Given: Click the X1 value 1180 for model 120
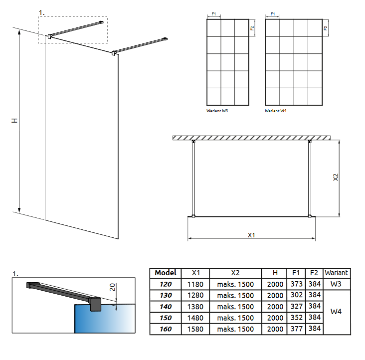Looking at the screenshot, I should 196,284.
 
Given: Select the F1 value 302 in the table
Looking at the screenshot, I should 296,295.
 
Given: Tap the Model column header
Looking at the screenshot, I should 165,273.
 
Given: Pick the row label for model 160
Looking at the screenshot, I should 165,329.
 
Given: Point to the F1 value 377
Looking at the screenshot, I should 296,329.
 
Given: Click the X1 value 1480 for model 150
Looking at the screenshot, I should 196,318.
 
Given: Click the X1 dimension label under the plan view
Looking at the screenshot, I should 251,235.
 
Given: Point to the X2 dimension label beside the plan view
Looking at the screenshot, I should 336,178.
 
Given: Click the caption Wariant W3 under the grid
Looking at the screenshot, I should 217,111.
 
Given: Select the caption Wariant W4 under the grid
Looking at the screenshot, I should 276,111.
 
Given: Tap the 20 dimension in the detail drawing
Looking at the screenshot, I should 113,287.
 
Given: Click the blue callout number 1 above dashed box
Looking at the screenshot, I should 41,11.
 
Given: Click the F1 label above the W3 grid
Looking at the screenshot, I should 213,14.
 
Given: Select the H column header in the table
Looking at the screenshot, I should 275,273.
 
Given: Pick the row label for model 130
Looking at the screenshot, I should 165,295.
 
